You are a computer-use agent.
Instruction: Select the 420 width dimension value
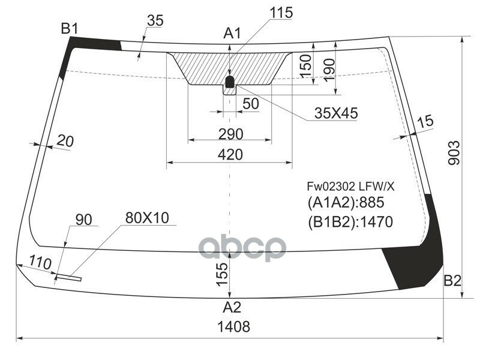[230, 154]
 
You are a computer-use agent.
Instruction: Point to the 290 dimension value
[230, 133]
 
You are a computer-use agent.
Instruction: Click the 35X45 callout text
[335, 113]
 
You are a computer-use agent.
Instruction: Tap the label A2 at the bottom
[232, 308]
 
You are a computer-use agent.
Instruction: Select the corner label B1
[70, 28]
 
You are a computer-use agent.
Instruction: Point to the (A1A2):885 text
[345, 202]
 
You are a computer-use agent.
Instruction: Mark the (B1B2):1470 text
[350, 222]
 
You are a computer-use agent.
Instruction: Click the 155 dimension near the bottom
[221, 274]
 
